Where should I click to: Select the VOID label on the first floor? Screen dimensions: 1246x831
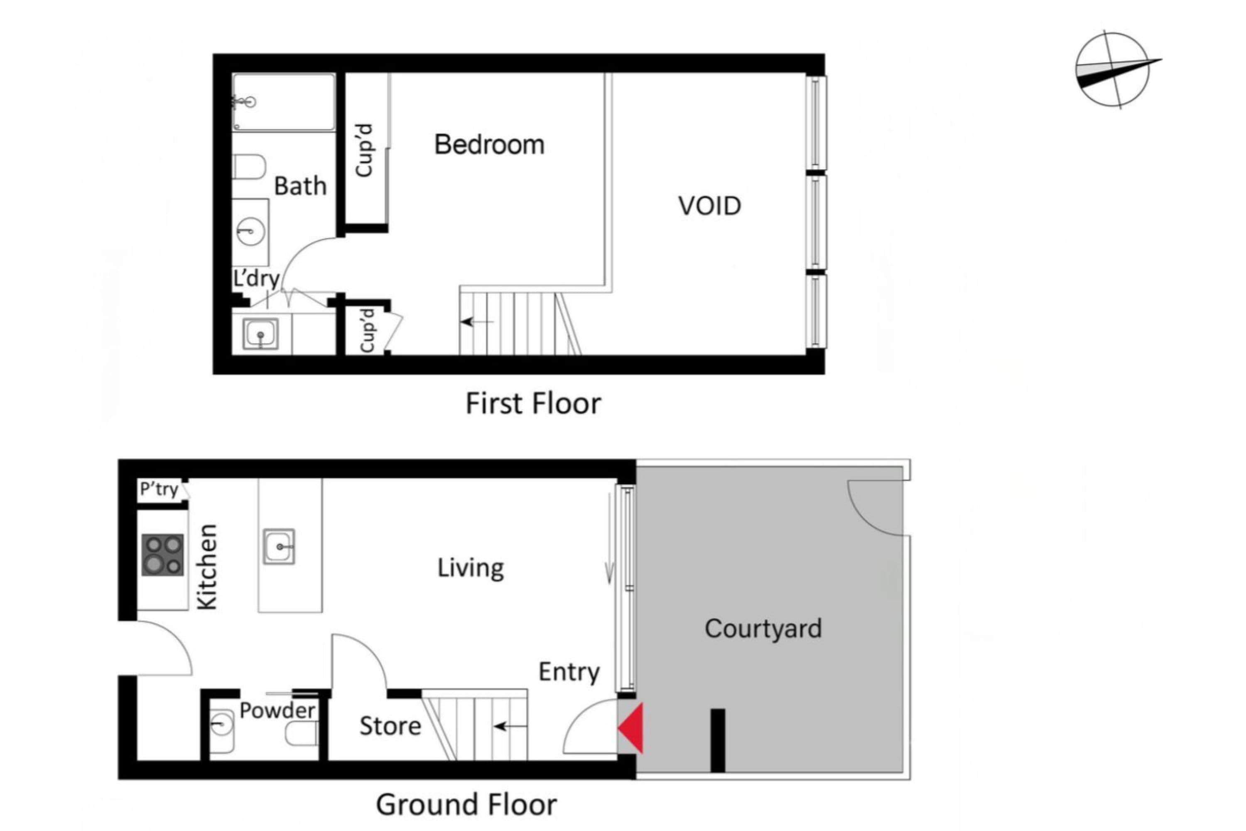[709, 206]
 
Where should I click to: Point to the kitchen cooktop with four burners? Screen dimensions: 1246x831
[163, 555]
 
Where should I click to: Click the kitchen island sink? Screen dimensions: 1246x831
[279, 546]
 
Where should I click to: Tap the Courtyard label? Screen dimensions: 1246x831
[763, 629]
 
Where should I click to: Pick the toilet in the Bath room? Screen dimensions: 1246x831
[249, 167]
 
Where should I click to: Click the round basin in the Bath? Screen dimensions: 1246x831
[250, 231]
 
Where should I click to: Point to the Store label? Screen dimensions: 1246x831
[390, 725]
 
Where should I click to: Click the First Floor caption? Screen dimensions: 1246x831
[533, 404]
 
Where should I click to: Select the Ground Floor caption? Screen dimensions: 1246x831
[466, 804]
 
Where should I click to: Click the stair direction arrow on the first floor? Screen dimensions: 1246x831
[477, 322]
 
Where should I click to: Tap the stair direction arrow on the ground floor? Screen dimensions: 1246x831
[510, 726]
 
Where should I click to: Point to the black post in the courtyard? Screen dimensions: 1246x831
[718, 740]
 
